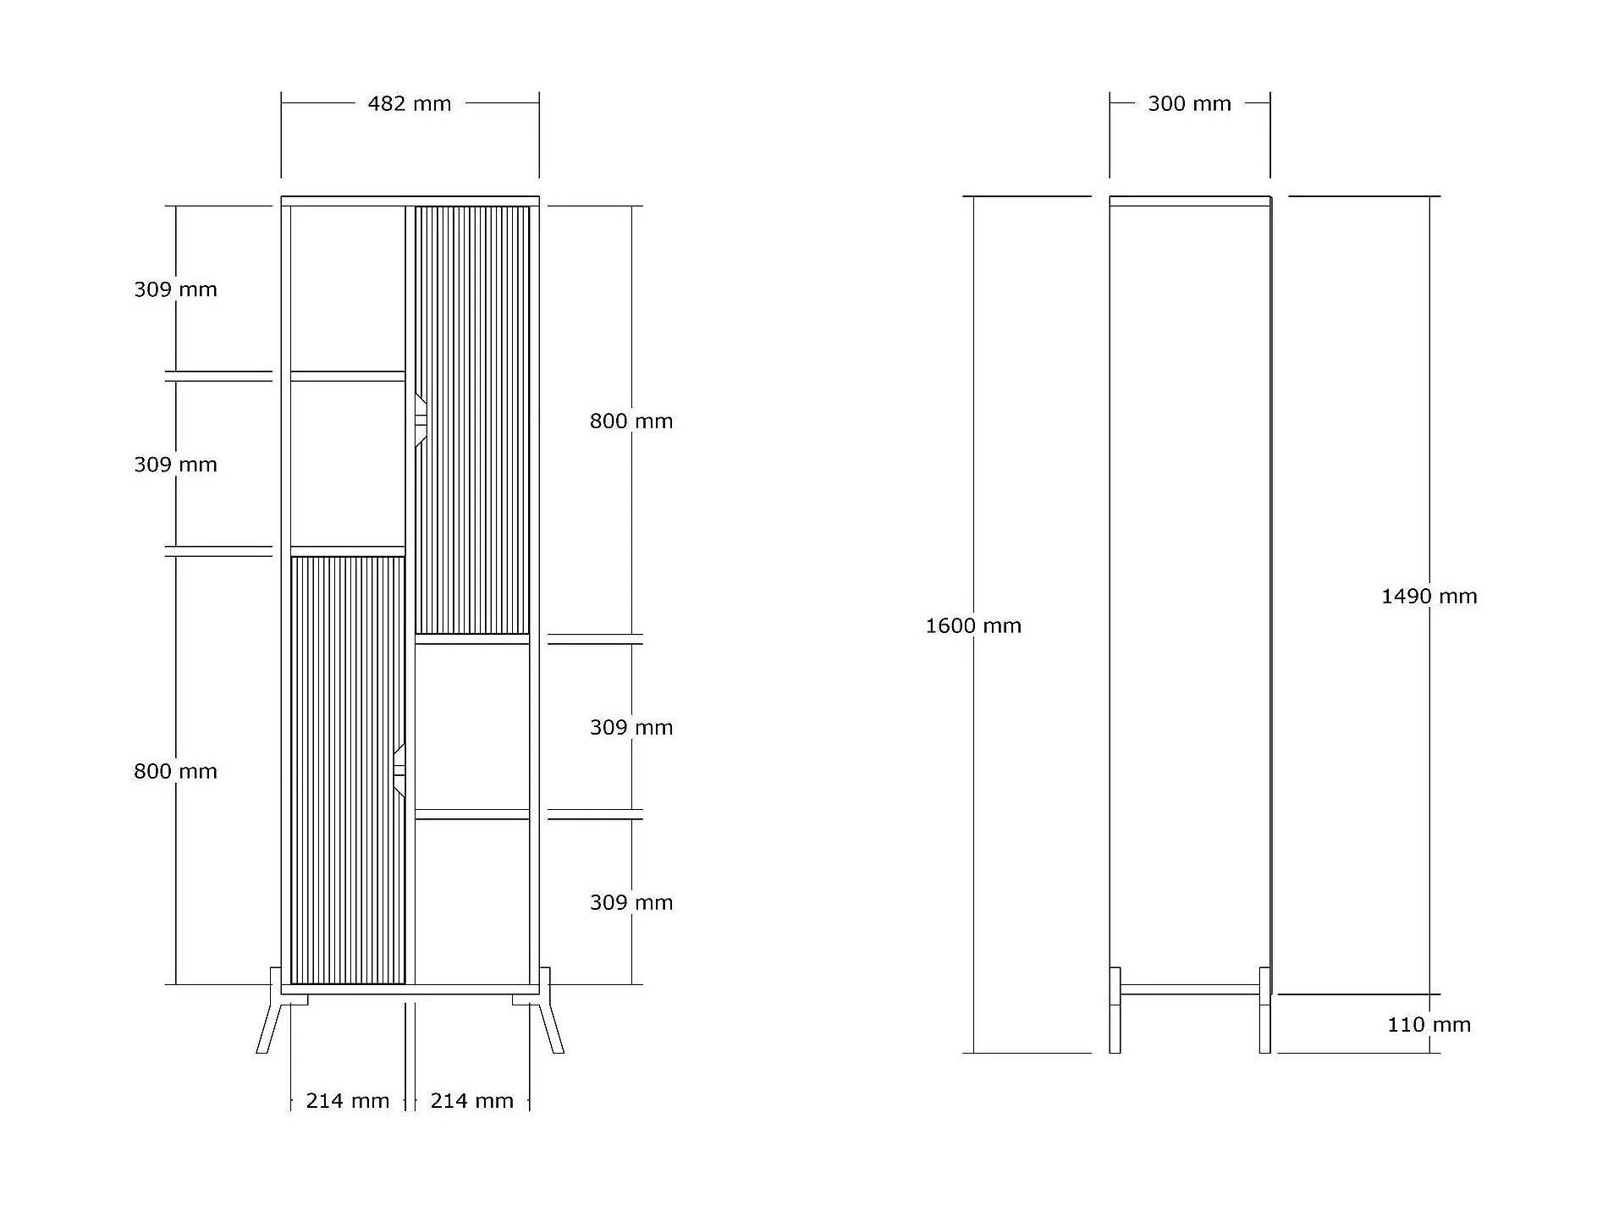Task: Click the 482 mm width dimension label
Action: point(410,104)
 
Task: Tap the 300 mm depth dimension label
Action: point(1189,104)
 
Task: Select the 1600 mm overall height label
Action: point(973,626)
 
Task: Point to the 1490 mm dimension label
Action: point(1429,597)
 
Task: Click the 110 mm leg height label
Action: point(1429,1025)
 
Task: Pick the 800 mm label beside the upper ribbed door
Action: point(631,421)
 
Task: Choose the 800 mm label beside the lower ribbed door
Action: point(175,772)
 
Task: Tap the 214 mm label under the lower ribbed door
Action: point(348,1101)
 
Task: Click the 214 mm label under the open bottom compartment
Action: point(472,1101)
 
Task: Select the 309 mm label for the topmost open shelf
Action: point(175,289)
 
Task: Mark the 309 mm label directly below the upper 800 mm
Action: point(631,728)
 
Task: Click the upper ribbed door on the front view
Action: point(472,420)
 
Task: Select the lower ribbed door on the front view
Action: point(348,770)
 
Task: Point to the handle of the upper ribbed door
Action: point(421,420)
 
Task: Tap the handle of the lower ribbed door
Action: point(399,770)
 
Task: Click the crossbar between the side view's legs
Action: point(1190,989)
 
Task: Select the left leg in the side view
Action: point(1115,1011)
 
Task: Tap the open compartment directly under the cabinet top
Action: point(348,289)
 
